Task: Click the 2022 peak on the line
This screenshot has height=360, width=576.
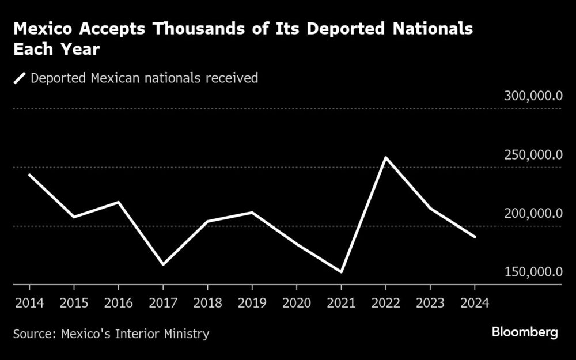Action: pos(385,157)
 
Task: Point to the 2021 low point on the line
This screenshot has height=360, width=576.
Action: pos(341,271)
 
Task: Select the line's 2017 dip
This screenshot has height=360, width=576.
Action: pos(163,264)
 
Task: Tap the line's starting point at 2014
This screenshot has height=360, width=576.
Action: pos(29,175)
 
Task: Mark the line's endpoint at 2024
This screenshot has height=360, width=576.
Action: pos(475,237)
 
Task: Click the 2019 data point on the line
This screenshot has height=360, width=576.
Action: pos(252,212)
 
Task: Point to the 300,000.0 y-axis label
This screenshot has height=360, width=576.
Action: pos(533,96)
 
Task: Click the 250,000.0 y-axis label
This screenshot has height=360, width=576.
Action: pos(533,155)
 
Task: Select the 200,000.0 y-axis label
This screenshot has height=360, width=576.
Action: pos(533,214)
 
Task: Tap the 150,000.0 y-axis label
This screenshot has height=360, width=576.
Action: pos(533,272)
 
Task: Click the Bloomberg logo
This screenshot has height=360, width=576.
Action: pos(525,332)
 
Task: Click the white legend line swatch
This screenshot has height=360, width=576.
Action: pos(20,78)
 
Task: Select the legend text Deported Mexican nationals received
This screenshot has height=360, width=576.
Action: pos(144,78)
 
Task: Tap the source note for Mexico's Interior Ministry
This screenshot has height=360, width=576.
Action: pos(112,334)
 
